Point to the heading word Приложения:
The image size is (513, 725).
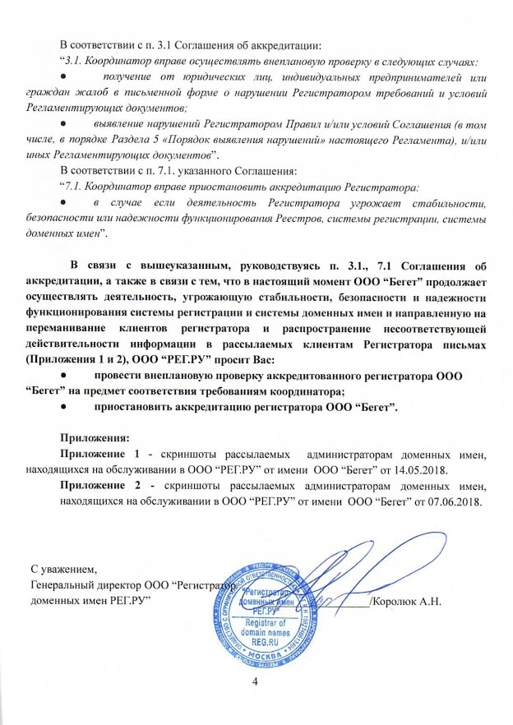tap(95, 438)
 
